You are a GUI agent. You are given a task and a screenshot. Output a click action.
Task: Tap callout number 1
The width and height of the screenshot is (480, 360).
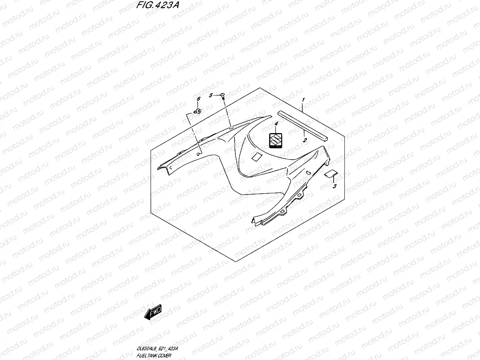pyautogui.click(x=304, y=100)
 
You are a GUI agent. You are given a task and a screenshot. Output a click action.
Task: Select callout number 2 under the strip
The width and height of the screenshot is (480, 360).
pyautogui.click(x=304, y=141)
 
